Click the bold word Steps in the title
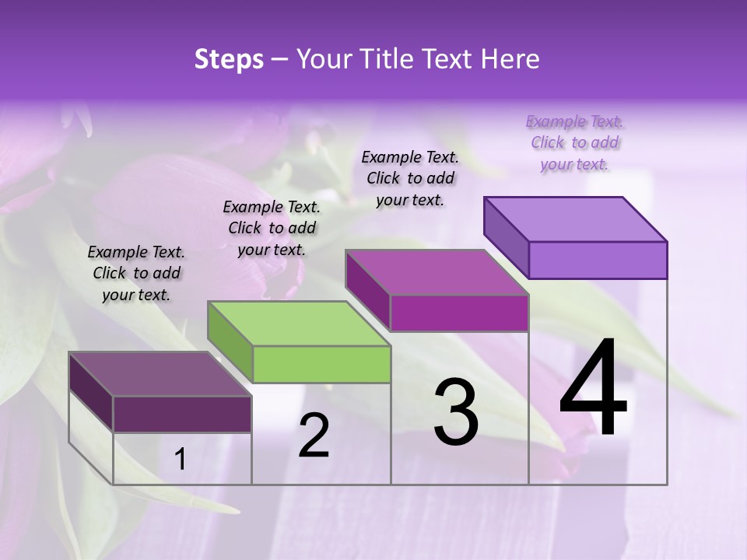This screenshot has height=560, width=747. [x=229, y=59]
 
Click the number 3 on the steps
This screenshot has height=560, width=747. [x=456, y=412]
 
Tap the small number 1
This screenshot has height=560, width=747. [x=181, y=460]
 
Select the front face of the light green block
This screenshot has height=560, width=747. [x=322, y=365]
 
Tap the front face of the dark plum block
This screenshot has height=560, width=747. [x=182, y=415]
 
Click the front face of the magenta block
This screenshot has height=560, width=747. [x=459, y=313]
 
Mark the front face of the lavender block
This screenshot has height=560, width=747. [x=598, y=260]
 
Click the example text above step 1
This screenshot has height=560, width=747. [x=136, y=273]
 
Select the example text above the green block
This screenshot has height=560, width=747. [x=272, y=228]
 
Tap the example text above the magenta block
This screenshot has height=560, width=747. [x=410, y=178]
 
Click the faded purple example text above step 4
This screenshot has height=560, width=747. [x=574, y=142]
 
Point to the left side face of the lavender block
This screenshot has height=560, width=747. [x=507, y=237]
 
